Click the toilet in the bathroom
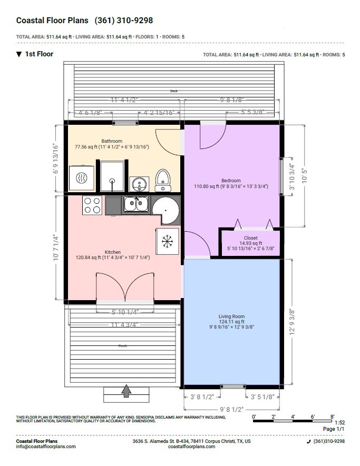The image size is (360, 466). pos(163,180)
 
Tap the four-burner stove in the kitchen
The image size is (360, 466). pos(92,205)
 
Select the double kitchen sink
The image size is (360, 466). pos(137,204)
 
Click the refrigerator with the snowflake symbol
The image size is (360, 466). pos(168,241)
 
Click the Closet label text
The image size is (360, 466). pos(251,238)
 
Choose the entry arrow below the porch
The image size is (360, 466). pos(127,391)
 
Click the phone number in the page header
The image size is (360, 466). pos(124,20)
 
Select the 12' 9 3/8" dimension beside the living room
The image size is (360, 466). pos(292,322)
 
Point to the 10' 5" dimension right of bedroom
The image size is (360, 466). pos(304,176)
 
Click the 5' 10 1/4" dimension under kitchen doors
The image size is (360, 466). pos(125,312)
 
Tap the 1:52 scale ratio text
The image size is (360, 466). pos(340,423)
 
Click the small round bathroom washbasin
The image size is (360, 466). pos(139,184)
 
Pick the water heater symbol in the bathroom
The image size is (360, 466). pos(82,178)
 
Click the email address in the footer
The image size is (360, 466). pos(46,447)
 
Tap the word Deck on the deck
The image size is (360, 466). pos(174,91)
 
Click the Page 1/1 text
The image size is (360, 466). pos(334,429)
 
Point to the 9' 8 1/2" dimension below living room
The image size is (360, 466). pos(231,410)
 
